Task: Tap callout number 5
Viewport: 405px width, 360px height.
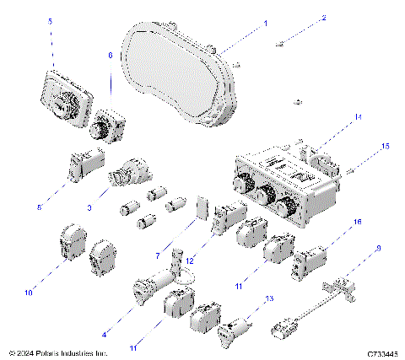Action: pyautogui.click(x=50, y=44)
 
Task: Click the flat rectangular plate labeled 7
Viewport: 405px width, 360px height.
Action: pyautogui.click(x=201, y=207)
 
